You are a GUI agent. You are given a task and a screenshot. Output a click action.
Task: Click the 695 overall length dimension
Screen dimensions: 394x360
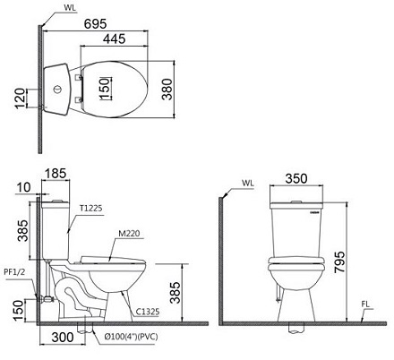click(x=95, y=24)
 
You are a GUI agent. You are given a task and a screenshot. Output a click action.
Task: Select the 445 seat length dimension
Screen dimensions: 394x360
click(x=115, y=39)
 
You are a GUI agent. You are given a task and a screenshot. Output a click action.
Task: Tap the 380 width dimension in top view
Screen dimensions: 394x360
click(x=167, y=89)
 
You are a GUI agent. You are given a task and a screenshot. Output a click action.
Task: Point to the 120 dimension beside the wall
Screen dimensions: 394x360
click(x=21, y=99)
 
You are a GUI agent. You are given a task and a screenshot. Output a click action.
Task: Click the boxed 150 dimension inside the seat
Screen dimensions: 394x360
click(x=105, y=88)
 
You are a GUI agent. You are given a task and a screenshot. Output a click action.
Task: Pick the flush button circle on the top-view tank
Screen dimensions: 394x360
click(x=56, y=90)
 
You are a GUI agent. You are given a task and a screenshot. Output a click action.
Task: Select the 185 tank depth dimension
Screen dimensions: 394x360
click(x=56, y=174)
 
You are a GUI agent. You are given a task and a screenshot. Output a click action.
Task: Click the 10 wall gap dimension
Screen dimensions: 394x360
click(x=23, y=187)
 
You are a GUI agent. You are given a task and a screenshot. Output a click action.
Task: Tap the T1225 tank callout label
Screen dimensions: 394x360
click(x=90, y=208)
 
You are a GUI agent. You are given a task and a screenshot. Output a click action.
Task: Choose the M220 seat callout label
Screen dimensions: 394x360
click(x=129, y=234)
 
